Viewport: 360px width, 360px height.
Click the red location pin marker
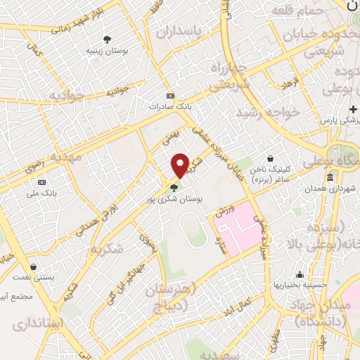click(x=181, y=165)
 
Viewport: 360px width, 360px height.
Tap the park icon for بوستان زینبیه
click(x=107, y=39)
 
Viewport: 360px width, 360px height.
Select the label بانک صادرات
click(x=169, y=107)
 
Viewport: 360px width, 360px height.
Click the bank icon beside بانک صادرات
click(x=169, y=96)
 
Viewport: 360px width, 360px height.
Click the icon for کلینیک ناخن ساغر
click(x=271, y=160)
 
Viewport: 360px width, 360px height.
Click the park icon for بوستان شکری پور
click(x=174, y=187)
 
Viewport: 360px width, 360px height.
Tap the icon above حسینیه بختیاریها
click(x=300, y=274)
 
